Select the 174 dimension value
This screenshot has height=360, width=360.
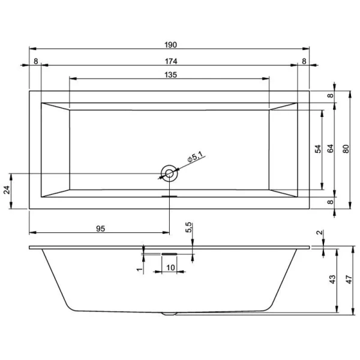coord(170,61)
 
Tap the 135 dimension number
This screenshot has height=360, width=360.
coord(170,74)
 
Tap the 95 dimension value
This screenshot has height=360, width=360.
coord(100,228)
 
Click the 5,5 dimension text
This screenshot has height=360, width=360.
coord(189,228)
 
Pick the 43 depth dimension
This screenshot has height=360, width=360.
coord(332,280)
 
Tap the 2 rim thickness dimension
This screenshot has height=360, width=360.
coord(320,233)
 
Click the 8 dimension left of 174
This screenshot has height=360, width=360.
coord(35,61)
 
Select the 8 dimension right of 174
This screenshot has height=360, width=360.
coord(304,61)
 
